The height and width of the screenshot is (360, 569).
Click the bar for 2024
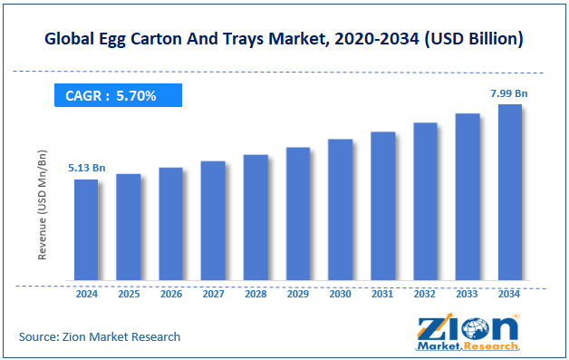86,230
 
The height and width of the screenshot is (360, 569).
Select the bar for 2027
213,221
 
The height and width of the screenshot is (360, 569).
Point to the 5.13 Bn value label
85,168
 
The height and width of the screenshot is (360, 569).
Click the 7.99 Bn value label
509,92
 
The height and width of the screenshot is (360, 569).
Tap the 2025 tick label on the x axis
129,295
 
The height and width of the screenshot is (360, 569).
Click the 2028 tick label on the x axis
256,295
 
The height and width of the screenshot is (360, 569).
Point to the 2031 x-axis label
382,295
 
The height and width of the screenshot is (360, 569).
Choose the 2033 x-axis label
468,295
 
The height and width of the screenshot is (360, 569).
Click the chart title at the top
284,39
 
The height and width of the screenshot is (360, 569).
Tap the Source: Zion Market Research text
100,336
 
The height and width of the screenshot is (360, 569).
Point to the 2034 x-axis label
510,295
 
